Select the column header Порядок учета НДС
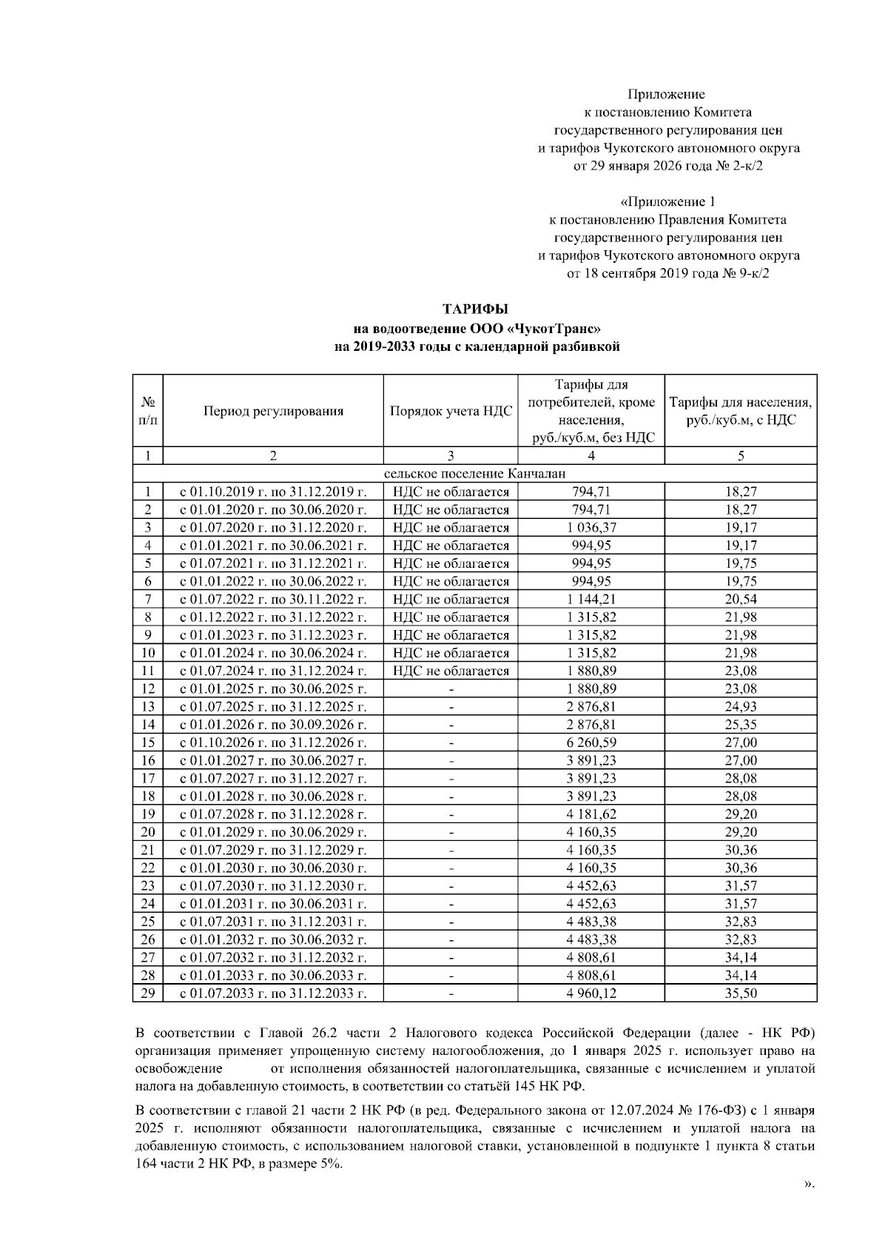[x=451, y=412]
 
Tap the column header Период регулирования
[x=273, y=412]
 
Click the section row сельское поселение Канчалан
[x=475, y=474]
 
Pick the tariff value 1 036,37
[x=591, y=528]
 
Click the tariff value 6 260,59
[x=591, y=743]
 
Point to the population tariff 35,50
[x=740, y=993]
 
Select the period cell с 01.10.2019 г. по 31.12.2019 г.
[x=273, y=492]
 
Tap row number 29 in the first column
[x=148, y=993]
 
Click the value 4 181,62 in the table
[x=591, y=814]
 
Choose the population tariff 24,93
[x=740, y=707]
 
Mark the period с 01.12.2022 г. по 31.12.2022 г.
[x=273, y=617]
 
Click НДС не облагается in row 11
[x=451, y=671]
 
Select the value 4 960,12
[x=591, y=993]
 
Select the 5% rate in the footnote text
[x=330, y=1164]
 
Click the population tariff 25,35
[x=740, y=725]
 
